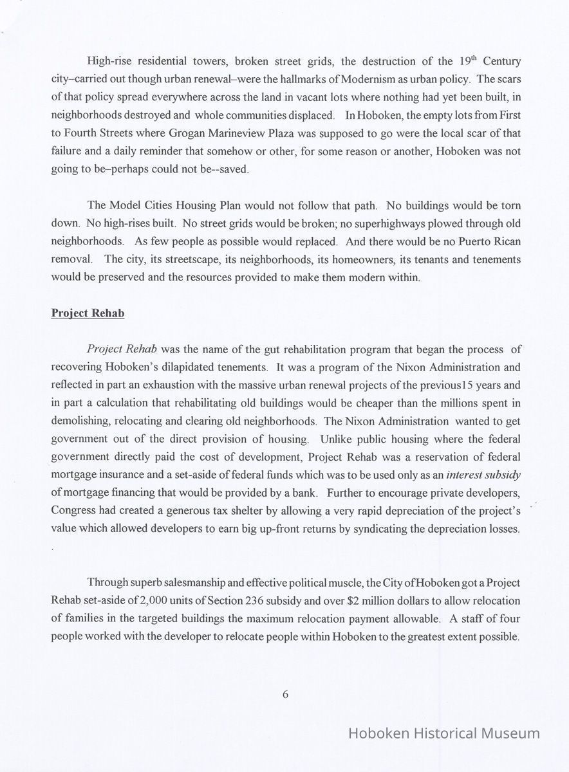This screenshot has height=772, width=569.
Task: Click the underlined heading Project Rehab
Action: coord(88,313)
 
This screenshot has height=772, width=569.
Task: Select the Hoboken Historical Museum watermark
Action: coord(443,733)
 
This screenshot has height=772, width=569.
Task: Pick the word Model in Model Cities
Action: coord(124,207)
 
